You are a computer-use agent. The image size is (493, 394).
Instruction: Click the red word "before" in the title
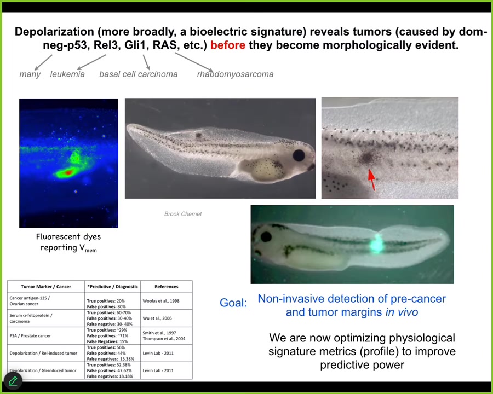click(x=228, y=45)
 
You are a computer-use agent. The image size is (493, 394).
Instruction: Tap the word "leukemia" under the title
click(x=67, y=74)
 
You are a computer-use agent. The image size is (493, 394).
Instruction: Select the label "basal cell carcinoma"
click(x=139, y=74)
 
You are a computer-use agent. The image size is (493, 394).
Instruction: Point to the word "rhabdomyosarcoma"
click(x=235, y=74)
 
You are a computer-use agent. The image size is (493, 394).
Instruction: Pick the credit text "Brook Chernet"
click(x=183, y=214)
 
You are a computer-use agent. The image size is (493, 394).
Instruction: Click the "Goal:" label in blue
click(x=233, y=303)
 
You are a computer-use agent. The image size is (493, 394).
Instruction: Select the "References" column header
click(x=167, y=287)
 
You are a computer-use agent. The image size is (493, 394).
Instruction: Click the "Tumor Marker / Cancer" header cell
click(x=46, y=287)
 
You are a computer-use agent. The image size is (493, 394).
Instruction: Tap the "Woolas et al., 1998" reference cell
click(x=161, y=301)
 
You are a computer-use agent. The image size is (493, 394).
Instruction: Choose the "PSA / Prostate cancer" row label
click(x=30, y=336)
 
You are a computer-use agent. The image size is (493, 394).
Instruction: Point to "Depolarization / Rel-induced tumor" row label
click(x=43, y=353)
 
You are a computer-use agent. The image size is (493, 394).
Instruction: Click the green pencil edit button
click(x=13, y=381)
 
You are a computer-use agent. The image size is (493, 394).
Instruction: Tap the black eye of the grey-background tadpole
click(x=299, y=155)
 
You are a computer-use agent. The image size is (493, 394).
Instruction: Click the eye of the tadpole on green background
click(x=266, y=236)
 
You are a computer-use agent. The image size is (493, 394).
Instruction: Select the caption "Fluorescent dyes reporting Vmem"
click(x=68, y=242)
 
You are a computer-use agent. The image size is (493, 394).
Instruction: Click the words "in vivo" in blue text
click(x=402, y=312)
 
